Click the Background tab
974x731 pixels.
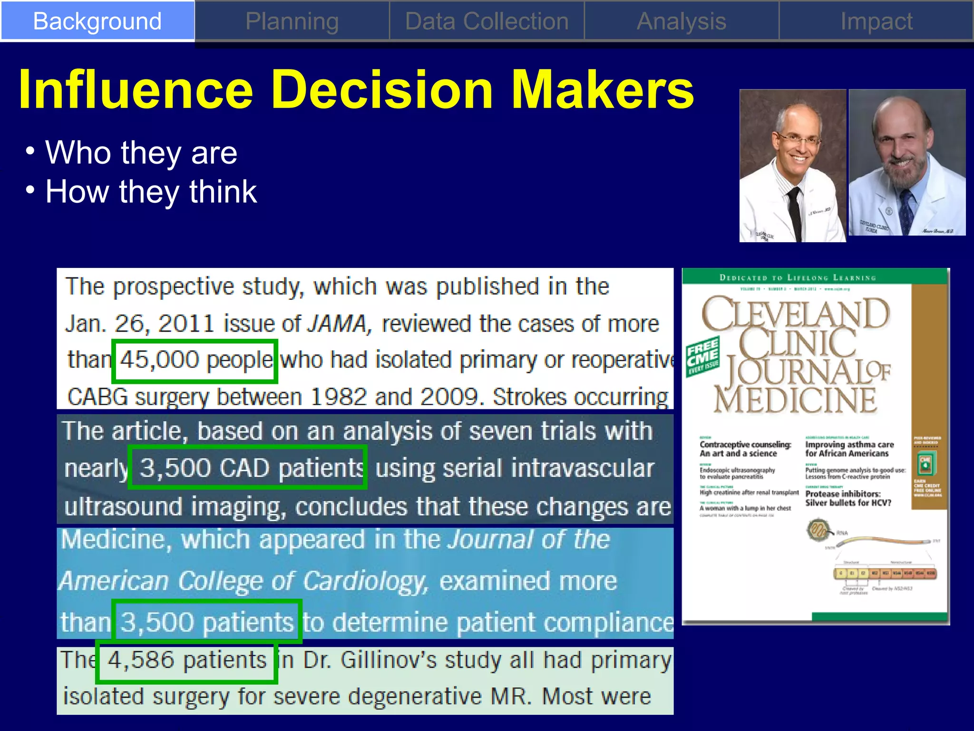coord(97,21)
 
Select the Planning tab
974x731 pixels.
coord(292,21)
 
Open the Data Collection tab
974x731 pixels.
coord(487,21)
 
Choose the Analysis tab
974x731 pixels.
coord(681,21)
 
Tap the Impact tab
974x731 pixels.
coord(876,21)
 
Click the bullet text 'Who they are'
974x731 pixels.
coord(141,153)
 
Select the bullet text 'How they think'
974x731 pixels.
coord(151,192)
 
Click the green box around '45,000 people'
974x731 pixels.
coord(195,361)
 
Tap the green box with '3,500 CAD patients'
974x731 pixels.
coord(247,467)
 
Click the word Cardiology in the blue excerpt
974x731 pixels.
coord(365,581)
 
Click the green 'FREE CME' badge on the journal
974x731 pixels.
coord(702,356)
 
